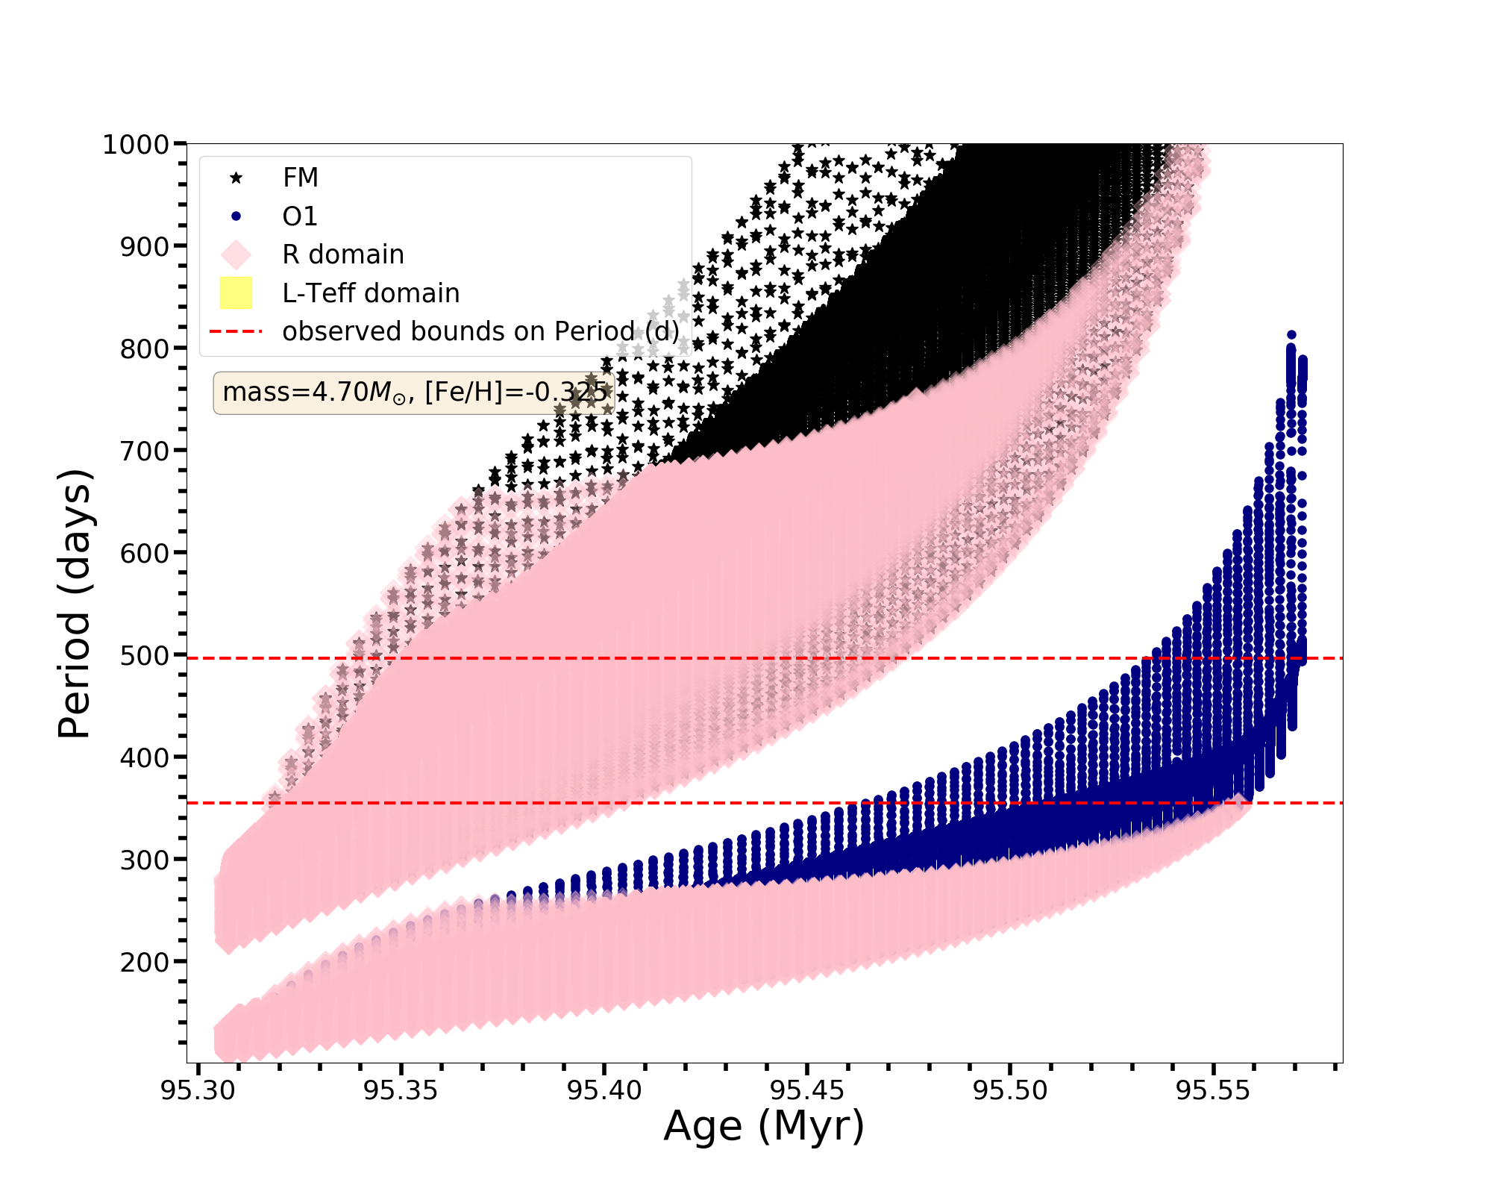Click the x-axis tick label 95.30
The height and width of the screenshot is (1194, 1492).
click(198, 1091)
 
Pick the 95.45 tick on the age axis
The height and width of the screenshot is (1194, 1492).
click(807, 1091)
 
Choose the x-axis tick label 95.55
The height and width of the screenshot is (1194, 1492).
click(1213, 1091)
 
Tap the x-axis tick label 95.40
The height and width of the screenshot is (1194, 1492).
click(604, 1091)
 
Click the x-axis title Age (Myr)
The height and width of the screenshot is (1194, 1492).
click(764, 1127)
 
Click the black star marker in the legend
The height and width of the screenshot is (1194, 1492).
click(236, 178)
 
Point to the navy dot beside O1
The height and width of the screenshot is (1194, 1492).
click(236, 216)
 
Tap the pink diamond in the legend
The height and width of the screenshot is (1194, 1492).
click(236, 254)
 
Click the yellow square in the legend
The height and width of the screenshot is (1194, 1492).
click(236, 293)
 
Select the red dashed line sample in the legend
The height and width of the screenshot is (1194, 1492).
click(236, 331)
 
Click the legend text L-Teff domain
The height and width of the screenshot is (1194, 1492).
click(371, 293)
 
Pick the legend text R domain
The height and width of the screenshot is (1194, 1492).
click(343, 254)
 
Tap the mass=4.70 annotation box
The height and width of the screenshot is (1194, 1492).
click(414, 392)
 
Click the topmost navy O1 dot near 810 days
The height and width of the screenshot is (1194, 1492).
click(1291, 335)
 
